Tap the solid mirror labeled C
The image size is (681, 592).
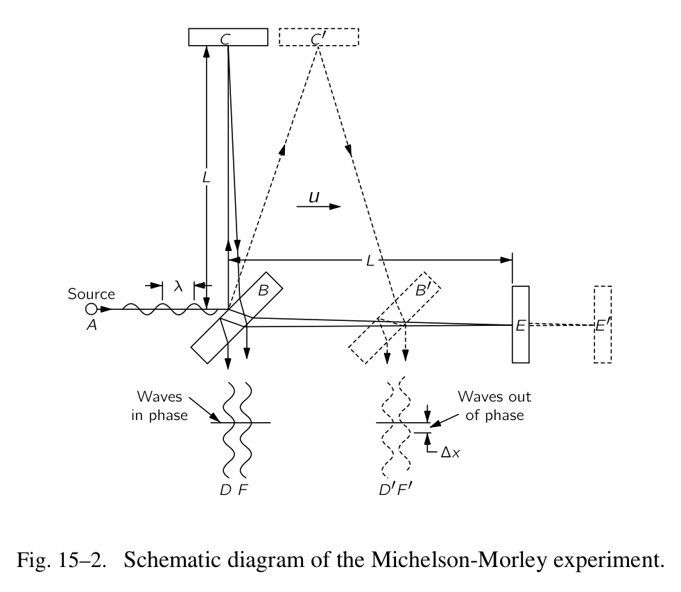tap(228, 37)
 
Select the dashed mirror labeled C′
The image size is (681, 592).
tap(319, 37)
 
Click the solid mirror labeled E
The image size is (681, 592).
tap(521, 324)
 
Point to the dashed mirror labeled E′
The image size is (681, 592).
tap(603, 324)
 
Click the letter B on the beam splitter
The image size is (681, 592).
tap(263, 291)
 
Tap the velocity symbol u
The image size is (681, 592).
tap(313, 198)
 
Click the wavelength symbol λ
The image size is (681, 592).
tap(178, 285)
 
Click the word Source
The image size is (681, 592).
tap(91, 294)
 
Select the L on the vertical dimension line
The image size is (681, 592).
tap(206, 178)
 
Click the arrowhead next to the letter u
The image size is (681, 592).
tap(335, 206)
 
